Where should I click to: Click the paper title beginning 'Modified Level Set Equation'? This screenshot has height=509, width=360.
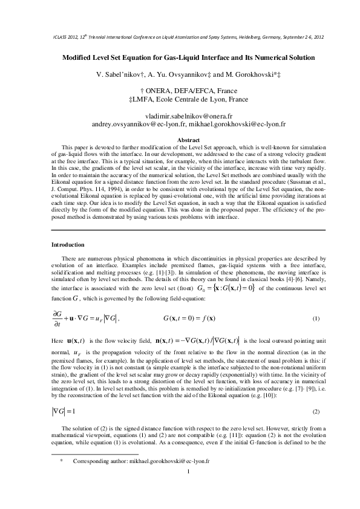pyautogui.click(x=179, y=57)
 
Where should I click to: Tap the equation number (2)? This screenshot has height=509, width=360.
pyautogui.click(x=315, y=411)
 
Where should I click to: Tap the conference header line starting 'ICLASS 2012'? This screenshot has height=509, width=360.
pyautogui.click(x=188, y=37)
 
